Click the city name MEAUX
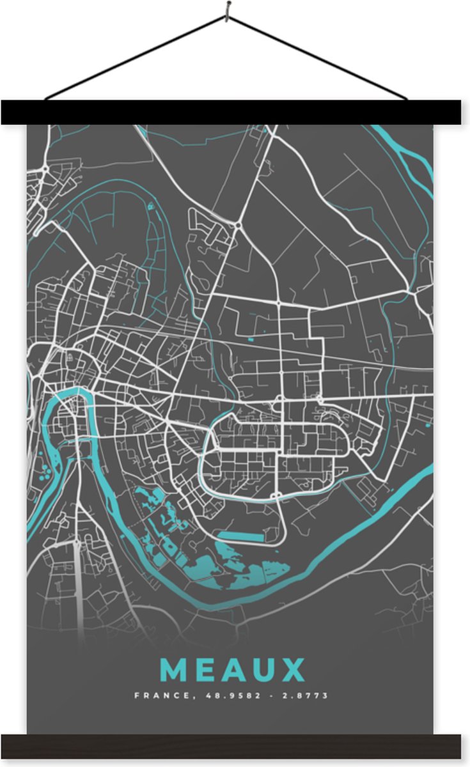[x=232, y=670]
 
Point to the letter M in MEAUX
[x=175, y=670]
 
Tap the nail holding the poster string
[x=227, y=8]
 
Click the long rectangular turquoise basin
[x=240, y=536]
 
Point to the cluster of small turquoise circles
[x=45, y=474]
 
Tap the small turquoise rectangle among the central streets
[x=250, y=339]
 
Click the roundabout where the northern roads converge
[x=237, y=226]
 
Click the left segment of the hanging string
[x=134, y=58]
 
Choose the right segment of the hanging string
[x=320, y=58]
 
